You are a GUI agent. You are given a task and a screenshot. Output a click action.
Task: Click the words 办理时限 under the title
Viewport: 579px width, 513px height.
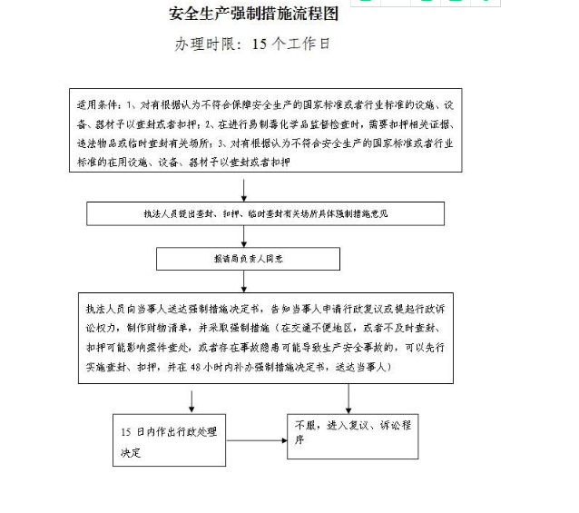204,44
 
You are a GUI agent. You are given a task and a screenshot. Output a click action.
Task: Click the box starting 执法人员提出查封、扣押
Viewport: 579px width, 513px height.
265,213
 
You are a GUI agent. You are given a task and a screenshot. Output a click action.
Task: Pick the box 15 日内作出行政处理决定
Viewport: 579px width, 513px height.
163,440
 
